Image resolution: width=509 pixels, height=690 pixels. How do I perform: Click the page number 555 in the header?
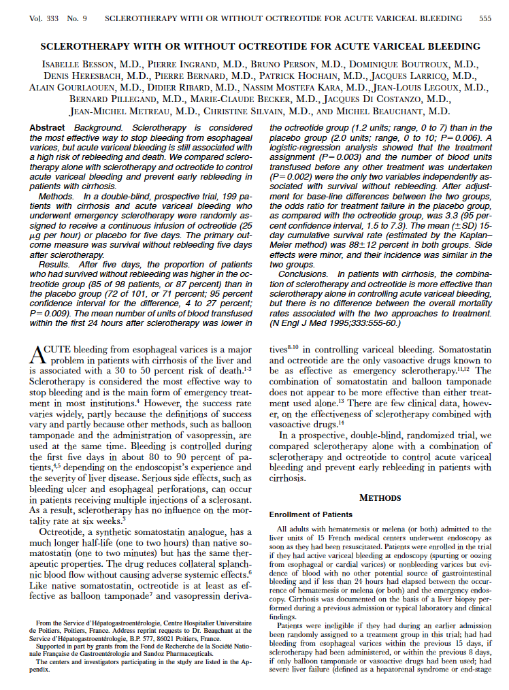[485, 18]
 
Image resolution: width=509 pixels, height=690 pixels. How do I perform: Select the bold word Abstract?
[48, 128]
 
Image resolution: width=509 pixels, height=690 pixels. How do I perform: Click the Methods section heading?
[380, 497]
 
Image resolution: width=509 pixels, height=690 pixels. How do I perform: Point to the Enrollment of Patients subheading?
[311, 514]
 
